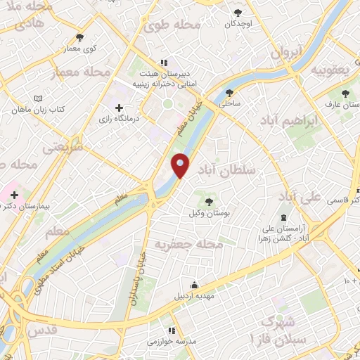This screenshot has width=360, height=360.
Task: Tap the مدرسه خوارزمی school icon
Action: click(170, 330)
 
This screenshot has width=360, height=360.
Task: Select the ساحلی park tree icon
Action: click(229, 91)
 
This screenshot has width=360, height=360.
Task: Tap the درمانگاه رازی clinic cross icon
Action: click(119, 108)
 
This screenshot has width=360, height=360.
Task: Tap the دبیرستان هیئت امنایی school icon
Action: click(165, 61)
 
